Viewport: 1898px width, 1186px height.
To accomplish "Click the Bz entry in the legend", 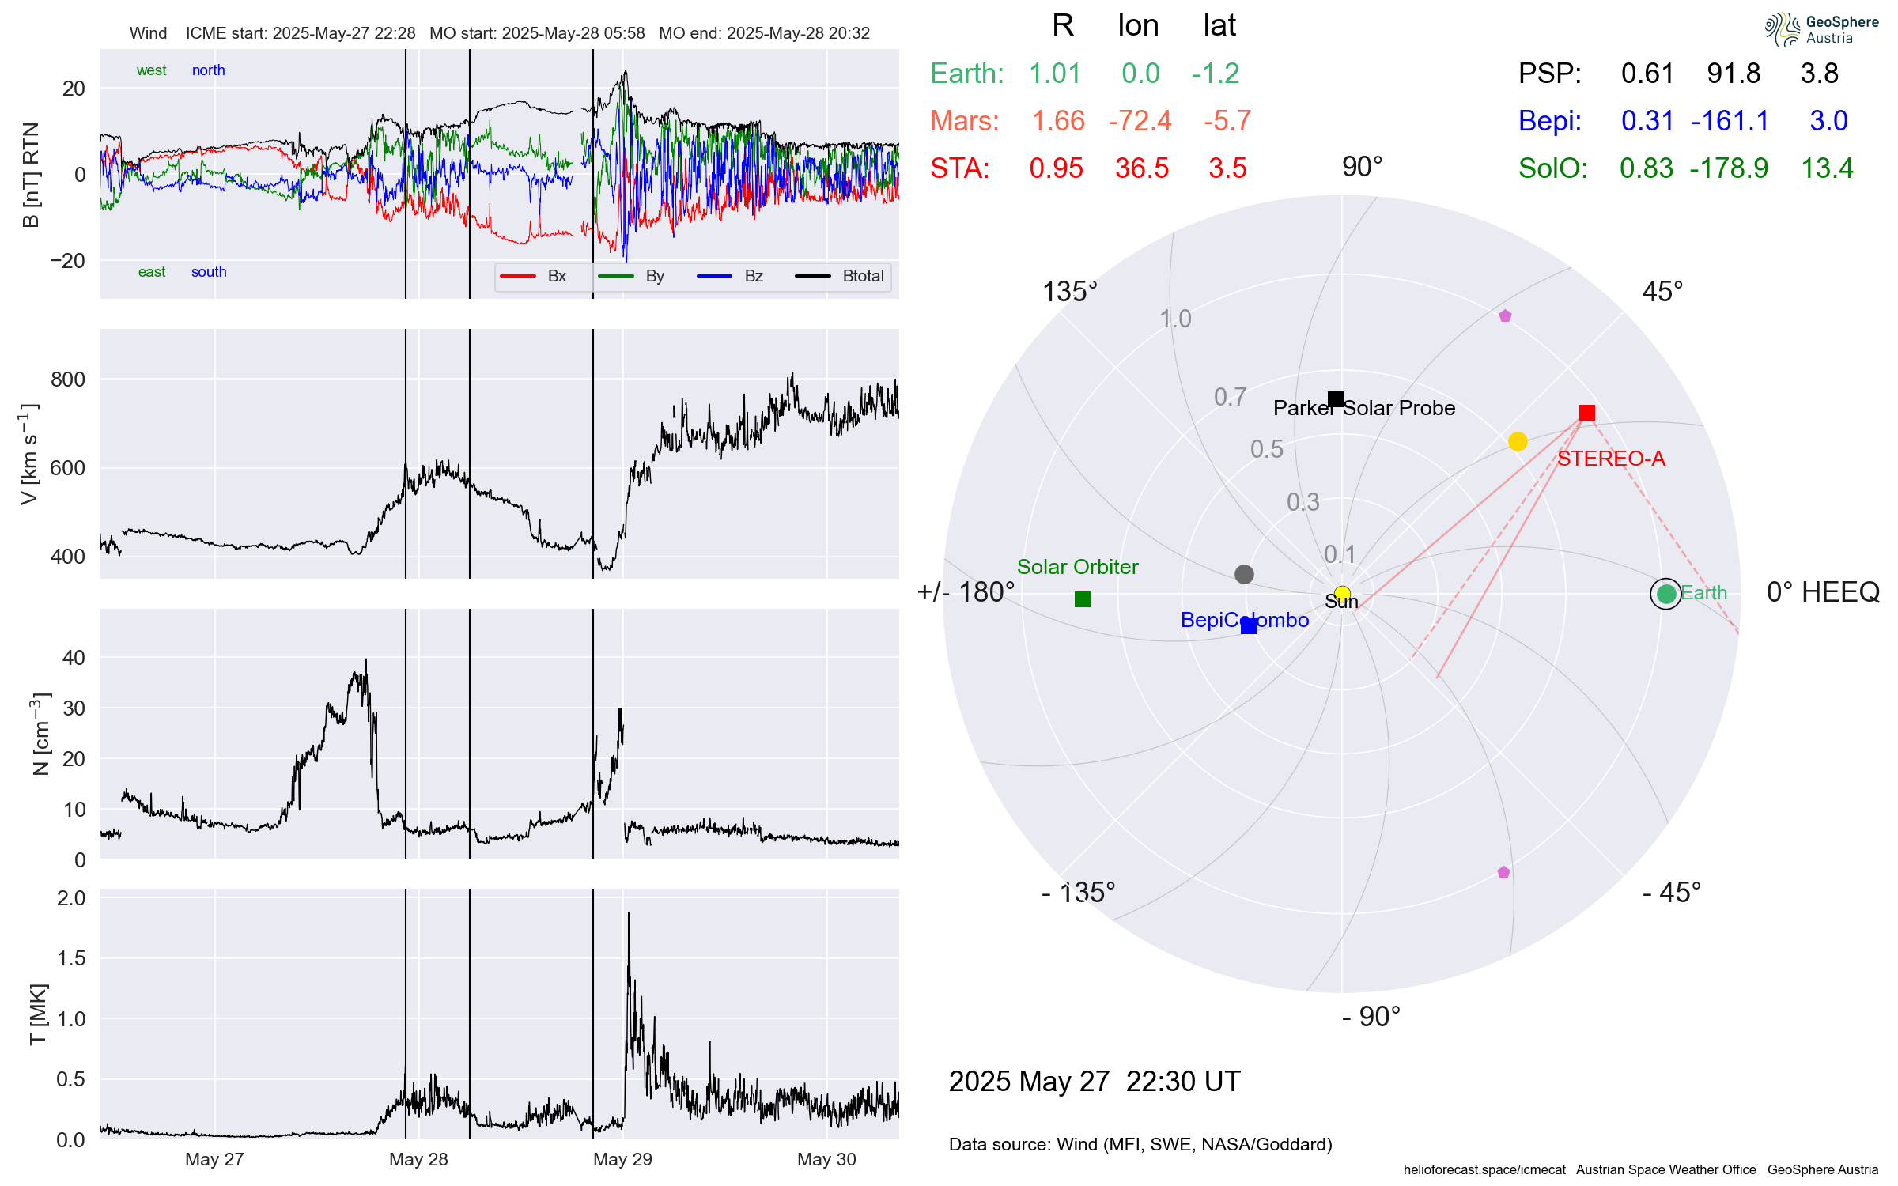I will pyautogui.click(x=753, y=276).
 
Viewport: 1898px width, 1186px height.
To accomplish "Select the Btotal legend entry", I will pyautogui.click(x=862, y=276).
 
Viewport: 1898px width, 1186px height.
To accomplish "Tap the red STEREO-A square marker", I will pyautogui.click(x=1586, y=413).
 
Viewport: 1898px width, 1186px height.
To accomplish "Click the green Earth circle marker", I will pyautogui.click(x=1666, y=594).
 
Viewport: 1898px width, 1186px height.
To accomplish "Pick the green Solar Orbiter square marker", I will pyautogui.click(x=1083, y=599).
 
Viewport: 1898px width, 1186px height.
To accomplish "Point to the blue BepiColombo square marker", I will pyautogui.click(x=1249, y=626).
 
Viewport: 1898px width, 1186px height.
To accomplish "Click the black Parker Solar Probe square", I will pyautogui.click(x=1336, y=399).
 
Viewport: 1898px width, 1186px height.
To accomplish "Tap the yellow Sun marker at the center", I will pyautogui.click(x=1342, y=594).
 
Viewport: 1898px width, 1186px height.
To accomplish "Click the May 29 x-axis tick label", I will pyautogui.click(x=622, y=1159).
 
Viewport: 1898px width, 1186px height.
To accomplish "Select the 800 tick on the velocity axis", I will pyautogui.click(x=68, y=380).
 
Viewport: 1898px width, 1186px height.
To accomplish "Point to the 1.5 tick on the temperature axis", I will pyautogui.click(x=71, y=958).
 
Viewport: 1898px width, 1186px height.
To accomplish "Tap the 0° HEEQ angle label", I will pyautogui.click(x=1823, y=592).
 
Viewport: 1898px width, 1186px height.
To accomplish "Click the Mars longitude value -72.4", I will pyautogui.click(x=1140, y=121).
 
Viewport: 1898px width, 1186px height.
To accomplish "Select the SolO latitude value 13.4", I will pyautogui.click(x=1827, y=168).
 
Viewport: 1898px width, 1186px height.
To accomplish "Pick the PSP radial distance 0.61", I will pyautogui.click(x=1647, y=74).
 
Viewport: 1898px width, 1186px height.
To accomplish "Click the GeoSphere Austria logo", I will pyautogui.click(x=1821, y=29).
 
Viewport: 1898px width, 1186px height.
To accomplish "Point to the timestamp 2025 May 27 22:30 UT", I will pyautogui.click(x=1095, y=1082).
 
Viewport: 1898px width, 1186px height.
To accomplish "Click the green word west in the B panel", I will pyautogui.click(x=151, y=70).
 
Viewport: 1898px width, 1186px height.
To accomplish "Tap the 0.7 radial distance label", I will pyautogui.click(x=1230, y=397).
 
